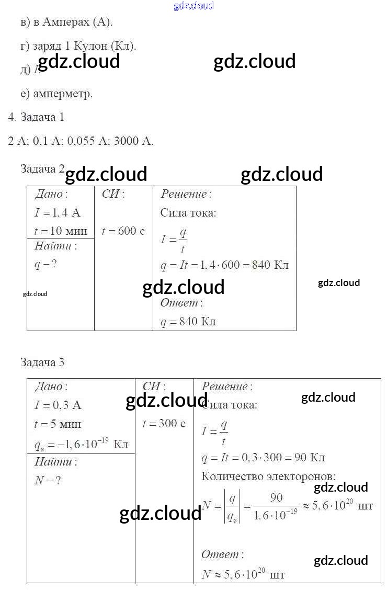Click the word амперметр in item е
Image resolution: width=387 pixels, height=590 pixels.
[x=63, y=94]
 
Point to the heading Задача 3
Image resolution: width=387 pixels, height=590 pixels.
[x=42, y=362]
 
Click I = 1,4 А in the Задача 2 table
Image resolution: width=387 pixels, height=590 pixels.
[x=58, y=212]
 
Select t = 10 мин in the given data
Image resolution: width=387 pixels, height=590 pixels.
[x=61, y=231]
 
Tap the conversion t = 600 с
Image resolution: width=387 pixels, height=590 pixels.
[x=123, y=231]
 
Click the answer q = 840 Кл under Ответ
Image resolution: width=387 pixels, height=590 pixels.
[x=188, y=321]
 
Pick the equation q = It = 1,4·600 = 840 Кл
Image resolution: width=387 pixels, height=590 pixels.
[x=224, y=265]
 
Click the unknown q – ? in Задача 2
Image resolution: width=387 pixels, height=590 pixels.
[x=45, y=264]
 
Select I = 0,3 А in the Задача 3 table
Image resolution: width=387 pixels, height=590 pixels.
[x=58, y=405]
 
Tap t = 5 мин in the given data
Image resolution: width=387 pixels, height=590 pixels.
[x=58, y=424]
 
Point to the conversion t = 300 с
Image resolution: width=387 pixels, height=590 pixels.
[x=164, y=424]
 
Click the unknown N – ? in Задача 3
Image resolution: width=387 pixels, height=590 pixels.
[x=48, y=480]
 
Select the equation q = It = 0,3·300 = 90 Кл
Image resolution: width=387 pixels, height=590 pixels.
[x=263, y=458]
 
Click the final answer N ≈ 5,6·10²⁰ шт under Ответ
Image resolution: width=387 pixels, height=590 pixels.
[x=243, y=574]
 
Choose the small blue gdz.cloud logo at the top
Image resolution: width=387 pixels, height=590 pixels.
[x=193, y=6]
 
